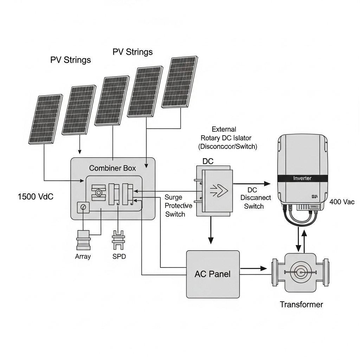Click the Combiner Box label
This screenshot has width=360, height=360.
click(x=112, y=168)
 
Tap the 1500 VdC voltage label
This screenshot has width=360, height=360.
click(x=36, y=197)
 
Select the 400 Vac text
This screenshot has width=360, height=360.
click(x=342, y=202)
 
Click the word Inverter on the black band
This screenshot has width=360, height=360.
click(x=302, y=178)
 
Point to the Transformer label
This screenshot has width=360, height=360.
click(x=301, y=304)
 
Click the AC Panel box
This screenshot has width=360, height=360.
click(x=213, y=274)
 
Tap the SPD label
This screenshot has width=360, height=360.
click(x=119, y=256)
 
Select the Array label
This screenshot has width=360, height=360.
click(x=83, y=256)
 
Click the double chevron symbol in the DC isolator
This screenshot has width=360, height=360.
click(x=218, y=191)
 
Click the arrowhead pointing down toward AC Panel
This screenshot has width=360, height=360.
click(x=211, y=240)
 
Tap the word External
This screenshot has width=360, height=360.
click(x=224, y=129)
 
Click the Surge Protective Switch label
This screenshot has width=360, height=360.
click(x=178, y=206)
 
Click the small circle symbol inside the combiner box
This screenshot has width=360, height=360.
click(x=83, y=207)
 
